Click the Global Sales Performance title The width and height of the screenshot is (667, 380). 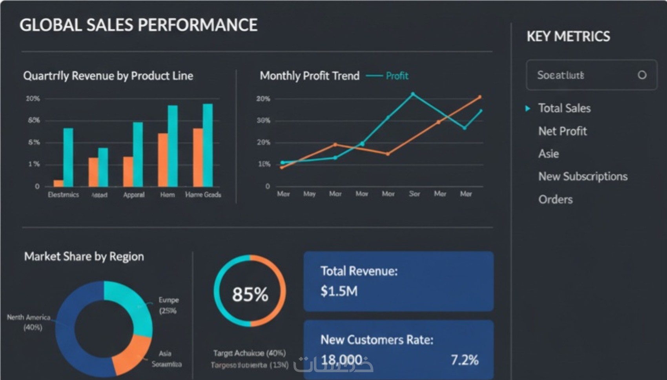coord(139,25)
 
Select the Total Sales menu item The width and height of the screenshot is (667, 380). coord(564,108)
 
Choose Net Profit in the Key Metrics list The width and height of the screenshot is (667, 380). coord(562,131)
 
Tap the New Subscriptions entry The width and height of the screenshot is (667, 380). coord(583,176)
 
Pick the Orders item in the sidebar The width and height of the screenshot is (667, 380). coord(555,199)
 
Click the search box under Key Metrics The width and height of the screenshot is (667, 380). coord(585,75)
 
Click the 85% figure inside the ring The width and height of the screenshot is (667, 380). coord(250,294)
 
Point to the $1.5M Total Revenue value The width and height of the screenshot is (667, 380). coord(339,291)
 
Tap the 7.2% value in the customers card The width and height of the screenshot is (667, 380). coord(465,360)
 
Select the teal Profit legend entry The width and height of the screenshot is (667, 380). coord(396,76)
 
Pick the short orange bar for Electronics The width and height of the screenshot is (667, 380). coord(58,183)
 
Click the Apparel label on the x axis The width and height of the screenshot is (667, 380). coord(134,195)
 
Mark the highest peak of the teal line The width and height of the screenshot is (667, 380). coord(413,94)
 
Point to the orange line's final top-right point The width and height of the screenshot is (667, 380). coord(479,97)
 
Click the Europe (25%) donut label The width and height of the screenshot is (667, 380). coord(168,305)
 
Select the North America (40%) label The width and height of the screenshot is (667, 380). coord(29,322)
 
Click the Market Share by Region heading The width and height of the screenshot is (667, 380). coord(84,256)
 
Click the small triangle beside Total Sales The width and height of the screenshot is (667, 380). coord(528,108)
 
